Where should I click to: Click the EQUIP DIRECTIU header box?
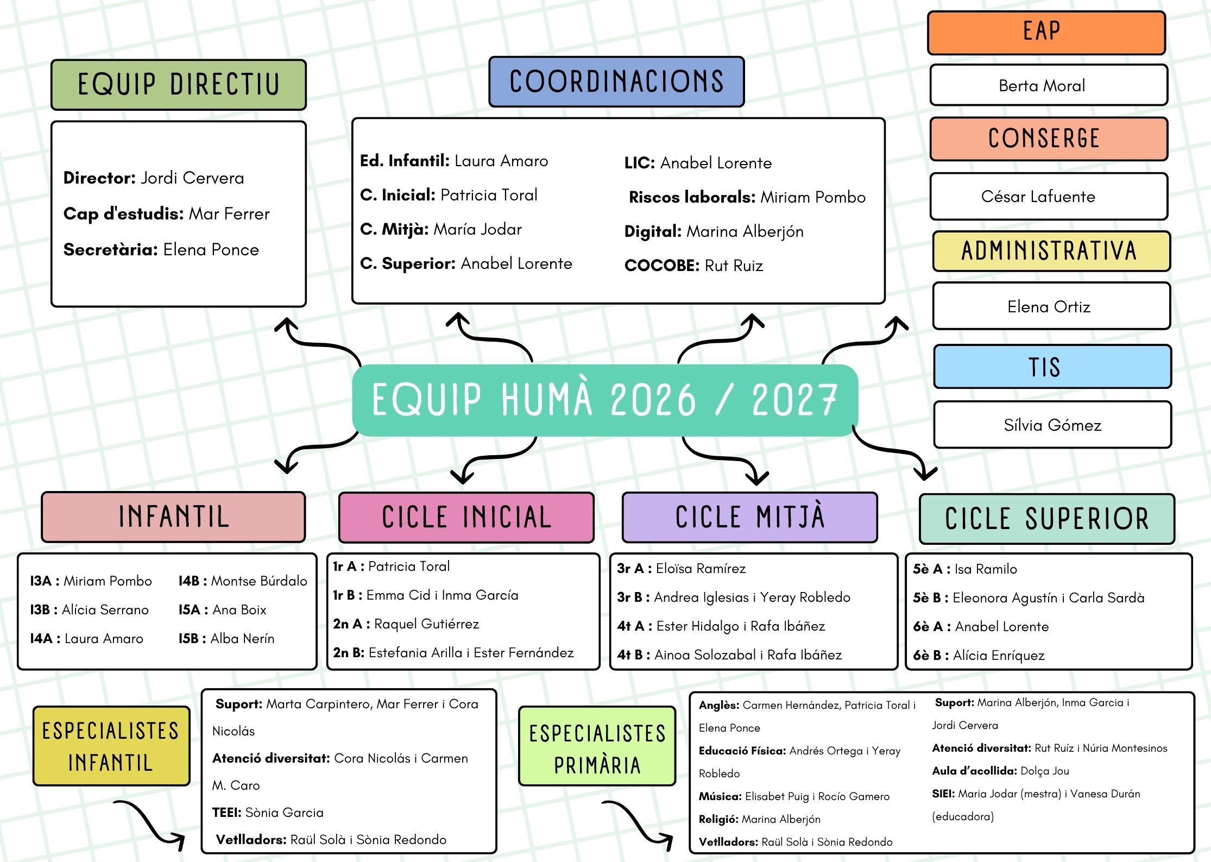[x=179, y=85]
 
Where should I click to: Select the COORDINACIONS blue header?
[x=616, y=81]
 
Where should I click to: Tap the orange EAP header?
[x=1046, y=33]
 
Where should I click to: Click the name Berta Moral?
[x=1042, y=85]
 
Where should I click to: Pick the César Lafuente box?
[x=1049, y=196]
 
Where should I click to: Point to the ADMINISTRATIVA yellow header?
[x=1051, y=251]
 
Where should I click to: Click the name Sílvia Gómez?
[x=1052, y=425]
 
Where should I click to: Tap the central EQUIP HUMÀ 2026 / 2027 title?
[x=605, y=400]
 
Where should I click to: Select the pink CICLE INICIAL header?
[x=466, y=517]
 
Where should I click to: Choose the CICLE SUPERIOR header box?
[x=1047, y=519]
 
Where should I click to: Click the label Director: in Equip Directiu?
[x=99, y=178]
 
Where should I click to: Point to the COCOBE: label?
[x=662, y=265]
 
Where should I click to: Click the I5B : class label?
[x=192, y=638]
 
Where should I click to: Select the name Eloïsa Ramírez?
[x=701, y=568]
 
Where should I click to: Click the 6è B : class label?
[x=931, y=655]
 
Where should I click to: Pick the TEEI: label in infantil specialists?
[x=226, y=812]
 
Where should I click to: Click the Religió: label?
[x=718, y=819]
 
